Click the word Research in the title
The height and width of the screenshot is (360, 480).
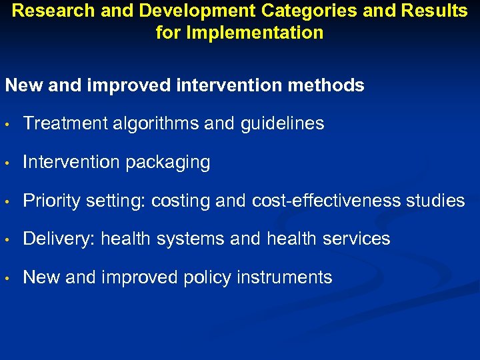[x=46, y=11]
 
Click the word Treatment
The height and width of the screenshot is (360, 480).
[x=59, y=123]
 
